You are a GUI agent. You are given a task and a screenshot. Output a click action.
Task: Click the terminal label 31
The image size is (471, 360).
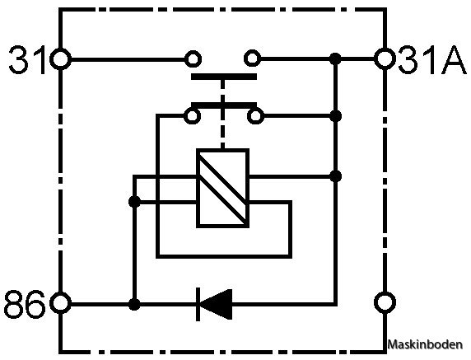(28, 59)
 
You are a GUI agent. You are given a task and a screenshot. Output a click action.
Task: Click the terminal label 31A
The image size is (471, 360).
(432, 59)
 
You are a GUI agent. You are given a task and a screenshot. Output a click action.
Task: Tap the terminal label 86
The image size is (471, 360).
(26, 304)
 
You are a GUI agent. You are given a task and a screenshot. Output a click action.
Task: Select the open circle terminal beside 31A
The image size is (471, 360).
(385, 58)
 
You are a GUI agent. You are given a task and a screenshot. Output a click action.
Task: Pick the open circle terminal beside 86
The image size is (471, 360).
(60, 303)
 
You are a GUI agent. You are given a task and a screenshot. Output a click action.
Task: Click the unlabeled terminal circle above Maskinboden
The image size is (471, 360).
(385, 302)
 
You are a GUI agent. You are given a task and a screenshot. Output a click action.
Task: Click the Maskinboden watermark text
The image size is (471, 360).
(425, 344)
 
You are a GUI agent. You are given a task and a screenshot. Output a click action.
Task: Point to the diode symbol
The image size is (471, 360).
(214, 304)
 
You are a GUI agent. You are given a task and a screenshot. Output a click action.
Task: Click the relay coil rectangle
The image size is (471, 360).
(222, 188)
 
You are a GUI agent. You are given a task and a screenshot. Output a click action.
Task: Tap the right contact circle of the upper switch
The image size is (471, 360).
(252, 58)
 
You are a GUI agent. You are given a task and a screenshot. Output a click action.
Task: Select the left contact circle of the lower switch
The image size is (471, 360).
(192, 115)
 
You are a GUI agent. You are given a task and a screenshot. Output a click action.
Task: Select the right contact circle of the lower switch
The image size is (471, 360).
(255, 115)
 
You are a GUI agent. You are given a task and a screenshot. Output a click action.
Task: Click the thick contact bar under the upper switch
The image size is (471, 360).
(224, 77)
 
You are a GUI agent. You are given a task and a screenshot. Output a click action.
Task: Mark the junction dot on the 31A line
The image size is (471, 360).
(335, 58)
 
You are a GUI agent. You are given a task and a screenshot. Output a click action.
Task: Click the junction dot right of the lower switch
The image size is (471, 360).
(335, 115)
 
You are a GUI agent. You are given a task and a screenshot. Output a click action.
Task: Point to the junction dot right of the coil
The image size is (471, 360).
(335, 176)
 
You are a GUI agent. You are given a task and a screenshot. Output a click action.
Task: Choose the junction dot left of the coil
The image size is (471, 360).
(134, 202)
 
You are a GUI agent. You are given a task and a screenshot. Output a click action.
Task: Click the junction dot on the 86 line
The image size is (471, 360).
(134, 304)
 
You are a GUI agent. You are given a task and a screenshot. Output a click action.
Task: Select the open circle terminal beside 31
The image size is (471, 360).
(60, 58)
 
